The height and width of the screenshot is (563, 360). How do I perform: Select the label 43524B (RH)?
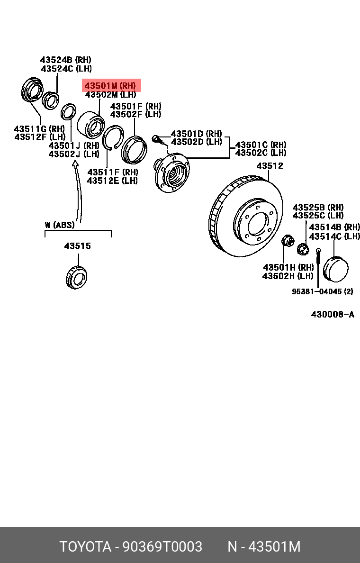[x=65, y=60]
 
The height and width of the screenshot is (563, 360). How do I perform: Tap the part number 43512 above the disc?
[x=270, y=166]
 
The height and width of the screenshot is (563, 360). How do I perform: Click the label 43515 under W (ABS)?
[x=77, y=246]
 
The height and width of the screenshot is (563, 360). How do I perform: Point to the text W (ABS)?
[x=60, y=225]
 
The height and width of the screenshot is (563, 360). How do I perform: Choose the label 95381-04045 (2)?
[x=322, y=291]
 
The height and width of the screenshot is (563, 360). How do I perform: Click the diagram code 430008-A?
[x=333, y=314]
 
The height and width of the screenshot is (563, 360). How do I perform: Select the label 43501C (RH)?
[x=261, y=145]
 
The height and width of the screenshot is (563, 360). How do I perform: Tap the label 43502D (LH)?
[x=196, y=142]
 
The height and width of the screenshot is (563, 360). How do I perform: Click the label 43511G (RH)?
[x=39, y=128]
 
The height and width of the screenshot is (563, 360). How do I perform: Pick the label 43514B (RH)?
[x=334, y=227]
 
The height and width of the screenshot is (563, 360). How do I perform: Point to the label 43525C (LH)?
[x=318, y=216]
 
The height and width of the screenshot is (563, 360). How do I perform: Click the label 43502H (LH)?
[x=288, y=276]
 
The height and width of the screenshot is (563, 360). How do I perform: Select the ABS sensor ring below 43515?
[x=76, y=277]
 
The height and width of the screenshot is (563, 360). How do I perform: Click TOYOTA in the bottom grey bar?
[x=85, y=546]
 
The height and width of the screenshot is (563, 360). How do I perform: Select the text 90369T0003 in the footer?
[x=162, y=546]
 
